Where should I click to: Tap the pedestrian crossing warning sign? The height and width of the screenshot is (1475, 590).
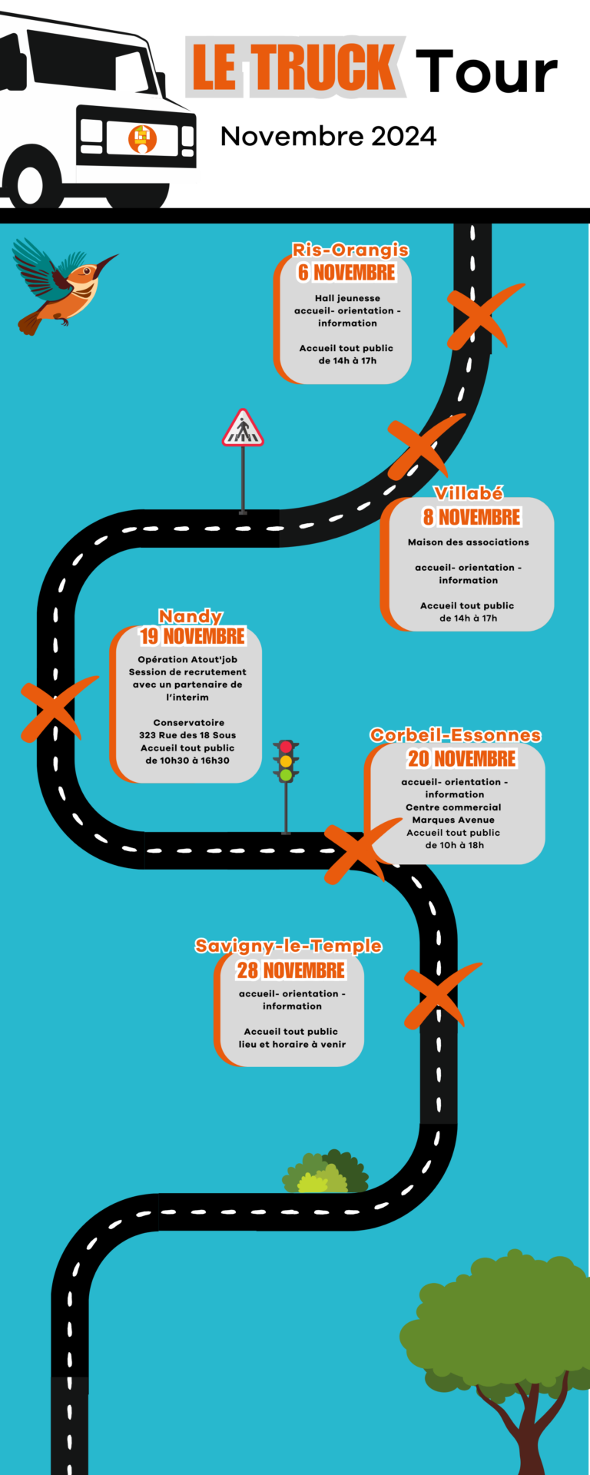click(243, 429)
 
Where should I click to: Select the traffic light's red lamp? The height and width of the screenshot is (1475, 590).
click(286, 747)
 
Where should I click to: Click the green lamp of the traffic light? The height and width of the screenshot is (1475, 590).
click(286, 775)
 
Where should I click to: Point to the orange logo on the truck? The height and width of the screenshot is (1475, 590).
click(142, 138)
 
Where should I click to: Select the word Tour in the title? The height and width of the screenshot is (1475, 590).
click(486, 71)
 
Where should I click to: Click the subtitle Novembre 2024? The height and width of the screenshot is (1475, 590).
click(329, 137)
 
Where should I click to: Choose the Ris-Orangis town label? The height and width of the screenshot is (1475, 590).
click(350, 250)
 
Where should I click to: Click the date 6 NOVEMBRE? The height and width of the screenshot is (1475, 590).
click(346, 272)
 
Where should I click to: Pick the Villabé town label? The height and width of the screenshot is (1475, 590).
click(469, 493)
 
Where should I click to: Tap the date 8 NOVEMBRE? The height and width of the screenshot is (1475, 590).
click(471, 517)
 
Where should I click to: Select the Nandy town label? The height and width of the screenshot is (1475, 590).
click(191, 616)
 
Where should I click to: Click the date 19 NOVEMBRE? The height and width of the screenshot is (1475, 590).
click(192, 636)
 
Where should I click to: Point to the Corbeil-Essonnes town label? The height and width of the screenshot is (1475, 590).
click(456, 735)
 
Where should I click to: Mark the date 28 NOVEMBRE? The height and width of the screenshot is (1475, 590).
click(291, 970)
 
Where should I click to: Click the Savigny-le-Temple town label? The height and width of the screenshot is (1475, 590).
click(288, 946)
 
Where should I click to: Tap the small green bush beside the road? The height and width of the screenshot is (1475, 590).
click(325, 1172)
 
